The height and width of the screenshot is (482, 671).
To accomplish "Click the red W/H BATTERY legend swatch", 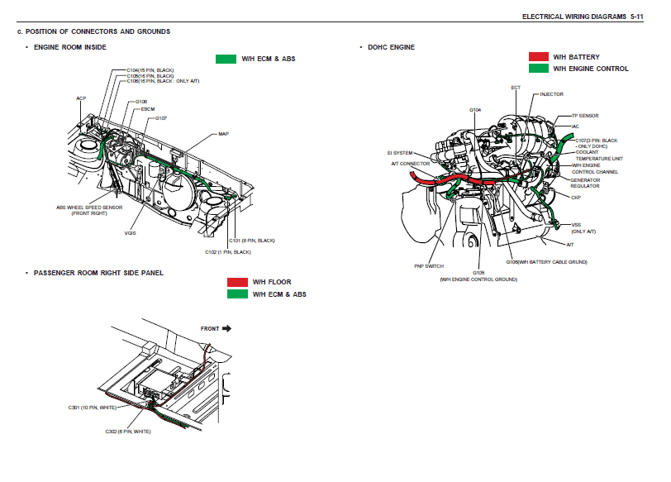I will (539, 57).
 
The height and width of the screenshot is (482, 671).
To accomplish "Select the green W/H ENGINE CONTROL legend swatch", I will (539, 69).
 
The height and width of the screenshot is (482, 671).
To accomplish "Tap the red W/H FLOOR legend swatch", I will (237, 282).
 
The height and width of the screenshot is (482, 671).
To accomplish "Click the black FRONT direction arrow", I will (226, 328).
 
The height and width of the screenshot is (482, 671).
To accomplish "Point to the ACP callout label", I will (81, 98).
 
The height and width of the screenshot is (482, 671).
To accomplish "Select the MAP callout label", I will (223, 133).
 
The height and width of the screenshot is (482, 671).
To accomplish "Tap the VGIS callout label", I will (130, 232).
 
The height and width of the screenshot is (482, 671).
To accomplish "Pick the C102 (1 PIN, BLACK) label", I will (227, 251).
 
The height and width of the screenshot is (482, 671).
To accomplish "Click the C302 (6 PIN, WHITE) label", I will (128, 432).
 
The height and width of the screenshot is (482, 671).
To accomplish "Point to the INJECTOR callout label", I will (551, 94).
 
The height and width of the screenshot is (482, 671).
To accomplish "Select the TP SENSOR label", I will (584, 116).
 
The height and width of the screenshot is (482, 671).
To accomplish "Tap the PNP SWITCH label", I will (429, 266).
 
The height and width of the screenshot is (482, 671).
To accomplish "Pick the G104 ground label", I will (475, 109).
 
